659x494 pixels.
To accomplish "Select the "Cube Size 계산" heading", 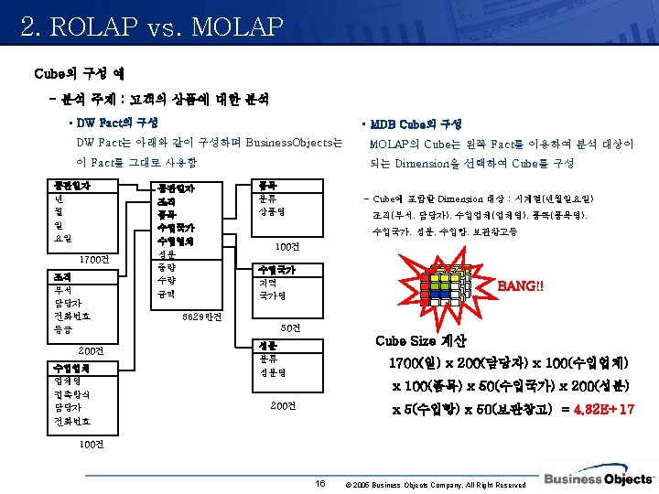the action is point(421,341).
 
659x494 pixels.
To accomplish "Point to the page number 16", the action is point(319,482).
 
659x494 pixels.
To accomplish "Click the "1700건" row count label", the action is point(95,258).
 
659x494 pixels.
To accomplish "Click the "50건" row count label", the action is point(289,328).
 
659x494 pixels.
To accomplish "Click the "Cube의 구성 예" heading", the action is point(80,72).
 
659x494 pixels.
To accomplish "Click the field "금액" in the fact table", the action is point(167,294).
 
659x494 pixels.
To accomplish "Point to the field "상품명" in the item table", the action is point(275,209).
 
